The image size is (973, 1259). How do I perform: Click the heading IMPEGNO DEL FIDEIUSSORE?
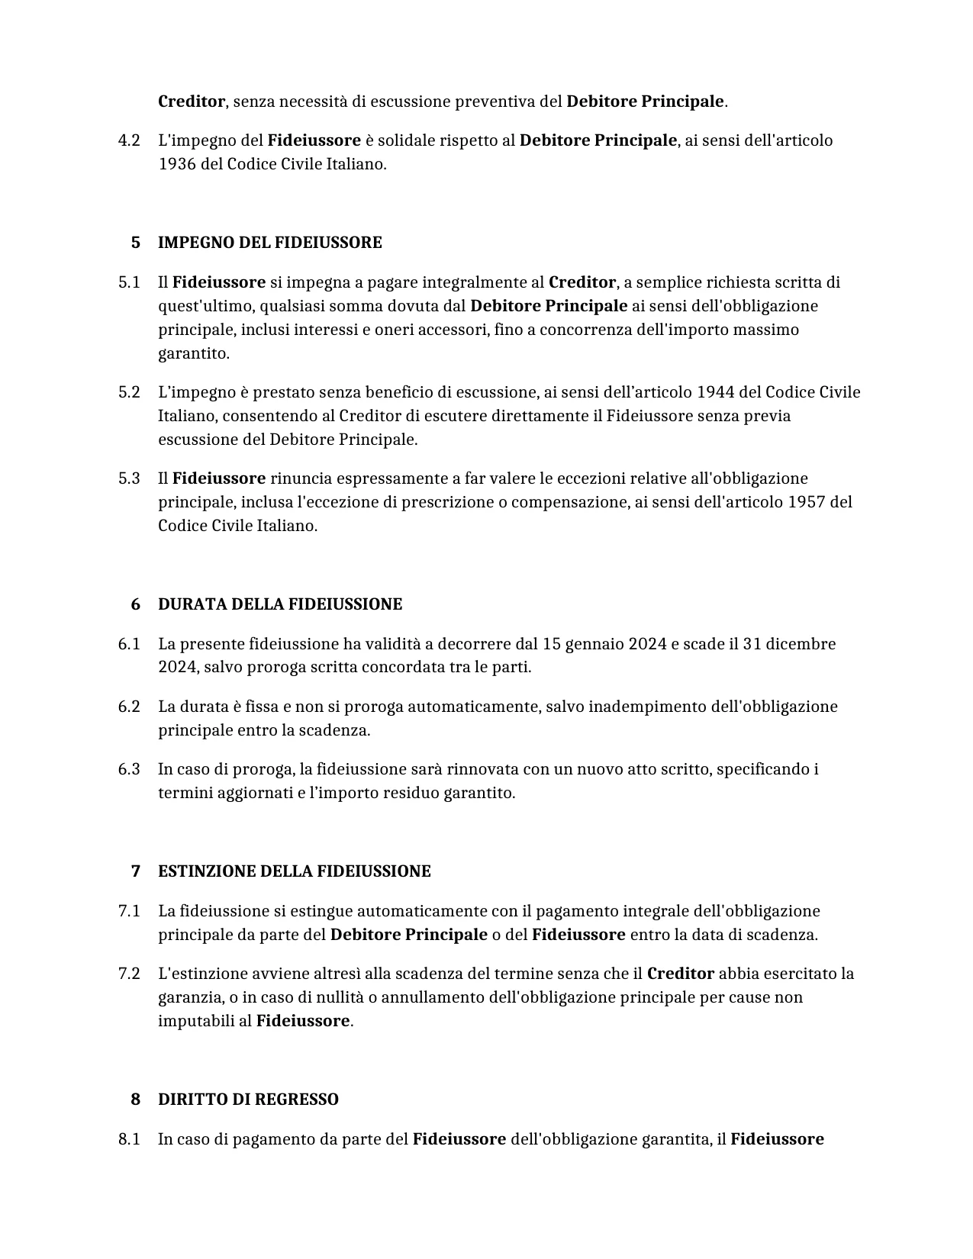(269, 243)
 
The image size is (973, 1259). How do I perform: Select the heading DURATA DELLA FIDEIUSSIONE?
(279, 604)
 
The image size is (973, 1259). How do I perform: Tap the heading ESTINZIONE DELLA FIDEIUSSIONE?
(294, 871)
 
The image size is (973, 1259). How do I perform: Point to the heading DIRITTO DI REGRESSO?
(248, 1100)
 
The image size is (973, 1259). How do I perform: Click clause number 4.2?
(129, 140)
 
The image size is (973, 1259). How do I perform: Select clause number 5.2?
(129, 392)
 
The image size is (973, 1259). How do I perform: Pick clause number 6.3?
(129, 769)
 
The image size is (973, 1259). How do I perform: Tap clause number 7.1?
(129, 911)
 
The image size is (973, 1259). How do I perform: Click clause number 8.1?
(129, 1139)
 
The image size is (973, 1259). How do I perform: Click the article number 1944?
(715, 392)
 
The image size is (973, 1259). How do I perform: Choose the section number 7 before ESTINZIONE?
(136, 871)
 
